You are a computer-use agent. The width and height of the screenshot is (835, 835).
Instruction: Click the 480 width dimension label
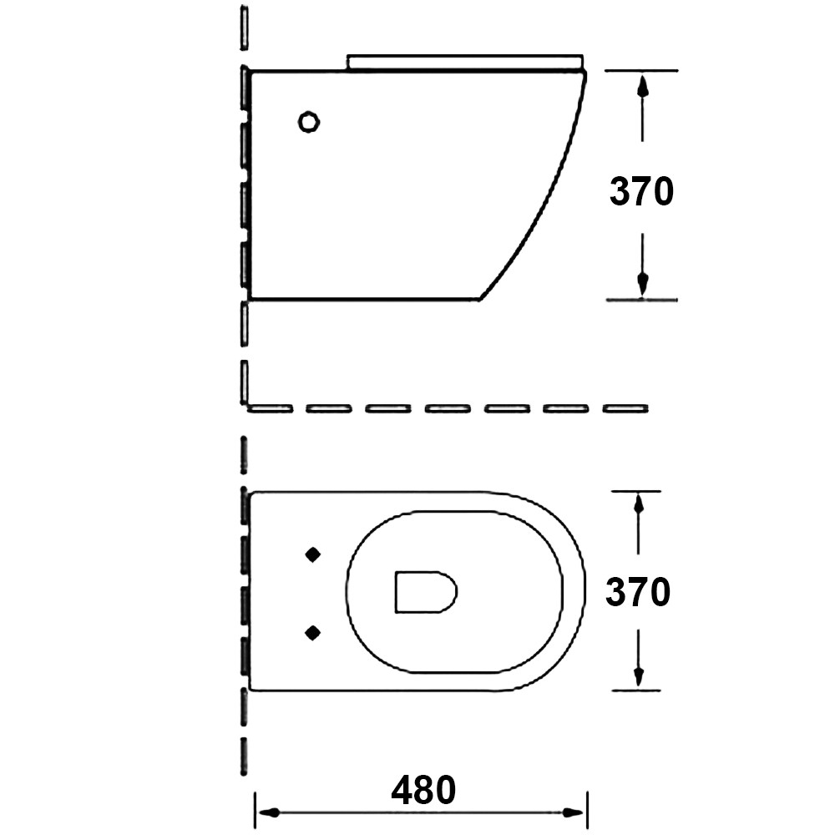pos(423,790)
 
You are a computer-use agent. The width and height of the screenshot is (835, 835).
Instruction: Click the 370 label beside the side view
pos(641,191)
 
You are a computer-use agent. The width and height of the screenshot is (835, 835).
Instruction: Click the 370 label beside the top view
pos(638,592)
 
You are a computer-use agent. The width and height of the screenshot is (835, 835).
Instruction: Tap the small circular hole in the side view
pos(309,122)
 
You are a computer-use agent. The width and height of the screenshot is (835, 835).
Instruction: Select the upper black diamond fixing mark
pos(312,555)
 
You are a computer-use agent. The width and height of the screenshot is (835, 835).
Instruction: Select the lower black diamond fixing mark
pos(312,633)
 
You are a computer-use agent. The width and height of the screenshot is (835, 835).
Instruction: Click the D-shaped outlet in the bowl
pos(426,592)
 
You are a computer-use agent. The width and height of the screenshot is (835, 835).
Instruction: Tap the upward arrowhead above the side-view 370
pos(643,85)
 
